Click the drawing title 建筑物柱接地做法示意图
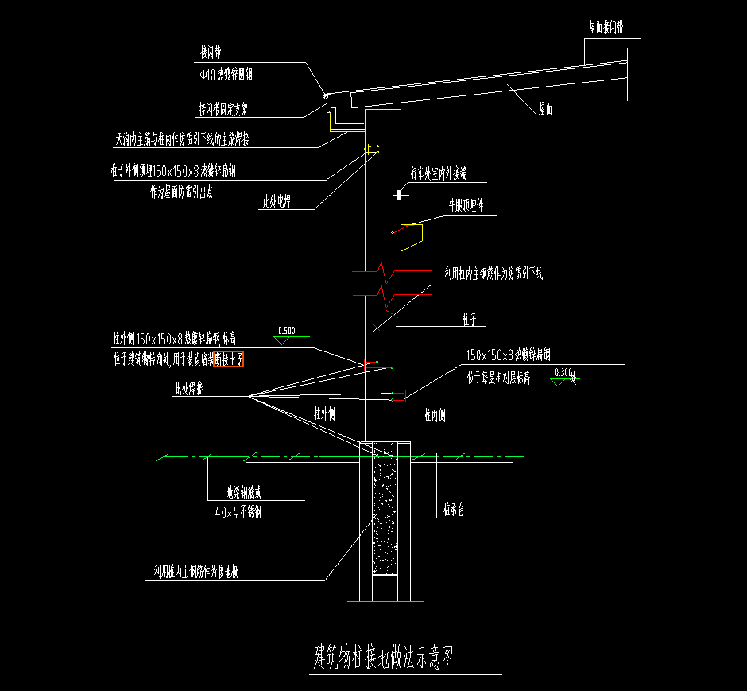click(x=383, y=658)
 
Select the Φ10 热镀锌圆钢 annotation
click(x=226, y=75)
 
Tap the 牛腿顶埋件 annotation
click(x=466, y=204)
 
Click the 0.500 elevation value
click(x=286, y=331)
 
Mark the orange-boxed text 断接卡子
click(x=229, y=359)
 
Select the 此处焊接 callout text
click(x=189, y=390)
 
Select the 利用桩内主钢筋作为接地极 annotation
click(x=199, y=571)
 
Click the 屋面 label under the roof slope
click(x=545, y=108)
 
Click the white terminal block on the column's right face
click(x=398, y=194)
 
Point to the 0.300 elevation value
click(x=563, y=372)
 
